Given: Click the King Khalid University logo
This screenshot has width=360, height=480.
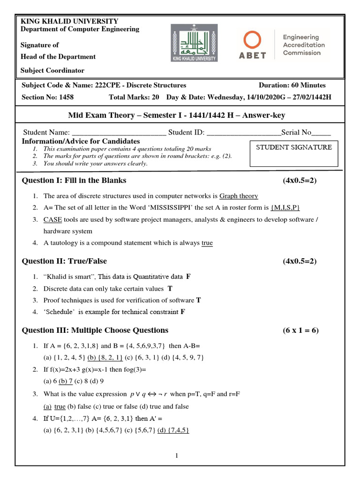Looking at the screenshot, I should (x=194, y=43).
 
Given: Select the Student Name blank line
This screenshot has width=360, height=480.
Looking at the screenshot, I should (x=119, y=133).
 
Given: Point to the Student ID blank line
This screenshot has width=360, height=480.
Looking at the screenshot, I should (x=244, y=133).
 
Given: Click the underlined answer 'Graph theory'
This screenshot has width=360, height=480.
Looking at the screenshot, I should (x=239, y=196).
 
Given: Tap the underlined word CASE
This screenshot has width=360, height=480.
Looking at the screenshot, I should (x=52, y=219).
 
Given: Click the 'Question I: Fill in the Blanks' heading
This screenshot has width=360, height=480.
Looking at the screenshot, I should (x=74, y=180).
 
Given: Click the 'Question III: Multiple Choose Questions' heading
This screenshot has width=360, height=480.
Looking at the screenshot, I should (x=95, y=330).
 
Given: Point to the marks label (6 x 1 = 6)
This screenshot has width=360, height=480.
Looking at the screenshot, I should (x=300, y=330).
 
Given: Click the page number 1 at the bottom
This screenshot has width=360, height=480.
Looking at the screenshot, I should (x=176, y=456).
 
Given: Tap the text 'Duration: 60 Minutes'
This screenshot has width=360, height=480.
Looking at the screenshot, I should (x=292, y=85).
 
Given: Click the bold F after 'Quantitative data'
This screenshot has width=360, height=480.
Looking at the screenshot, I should (x=188, y=277).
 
